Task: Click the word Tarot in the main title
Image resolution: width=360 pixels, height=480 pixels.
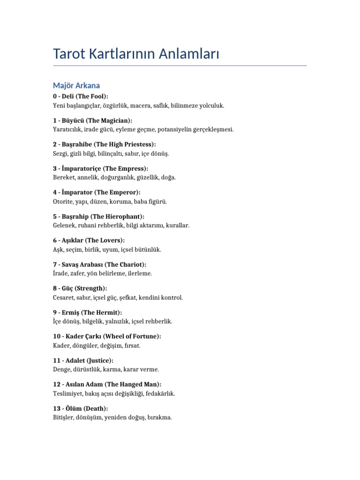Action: tap(71, 54)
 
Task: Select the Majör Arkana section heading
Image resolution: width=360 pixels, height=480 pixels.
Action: tap(76, 85)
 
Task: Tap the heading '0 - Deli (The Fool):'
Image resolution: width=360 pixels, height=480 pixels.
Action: tap(81, 96)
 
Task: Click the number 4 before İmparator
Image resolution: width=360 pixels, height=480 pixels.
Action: tap(55, 193)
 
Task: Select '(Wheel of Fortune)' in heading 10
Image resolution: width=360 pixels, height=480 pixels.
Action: tap(132, 337)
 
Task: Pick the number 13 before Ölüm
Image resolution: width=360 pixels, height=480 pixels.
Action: tap(57, 408)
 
